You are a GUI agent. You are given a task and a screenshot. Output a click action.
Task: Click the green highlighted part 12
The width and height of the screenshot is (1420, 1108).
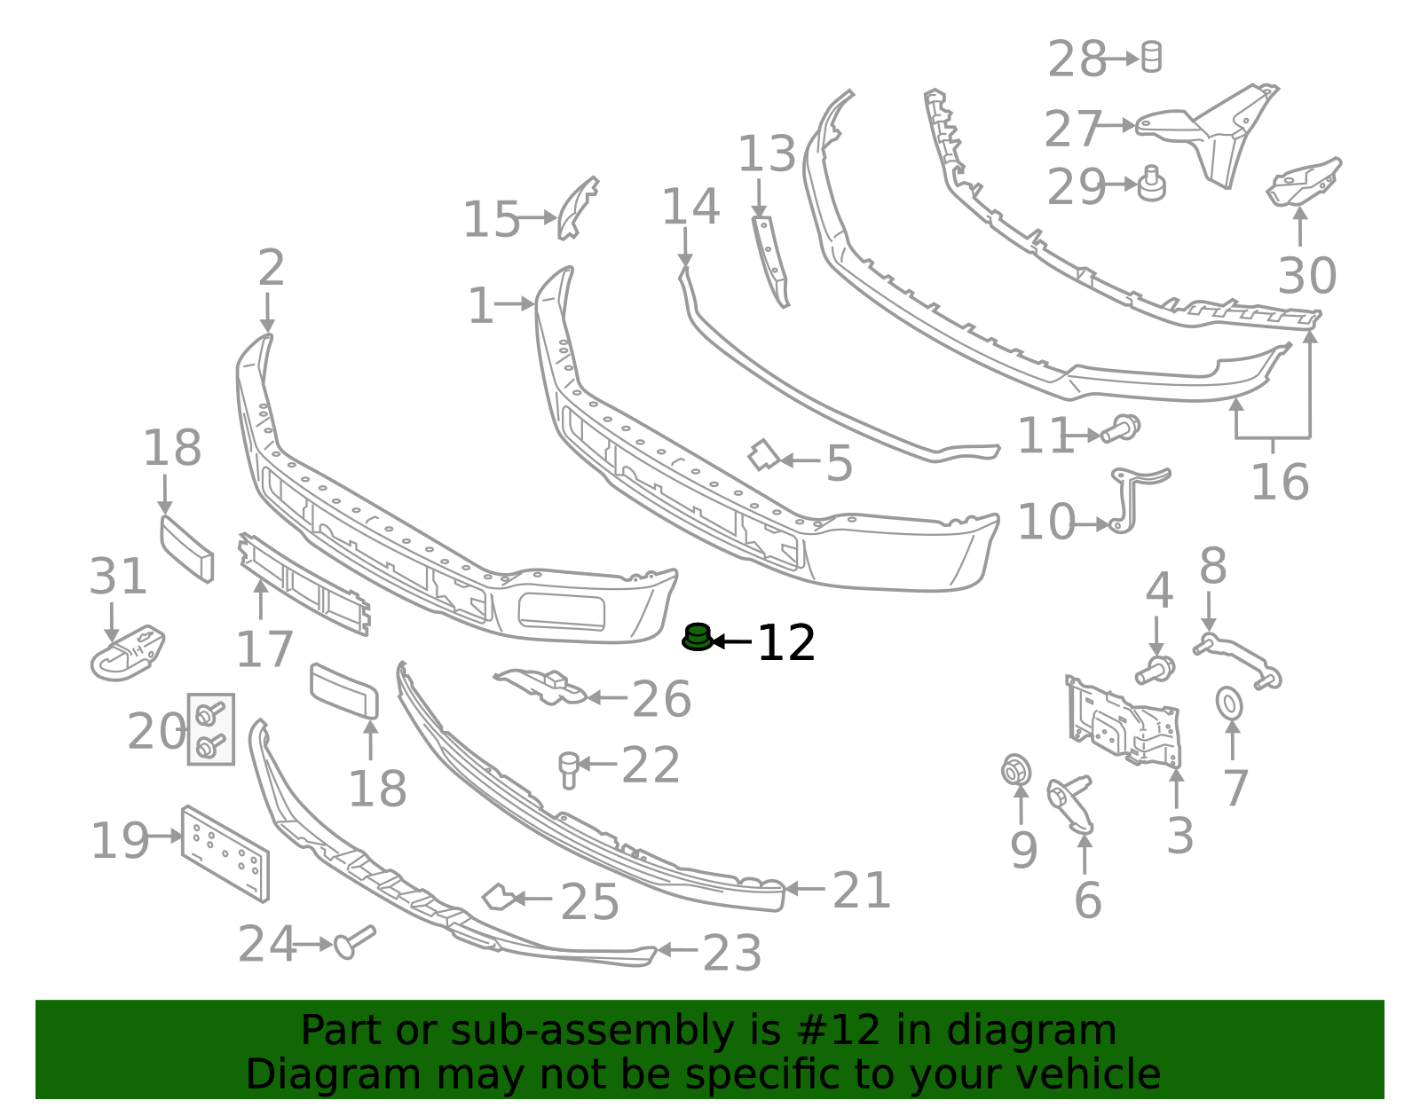coord(698,637)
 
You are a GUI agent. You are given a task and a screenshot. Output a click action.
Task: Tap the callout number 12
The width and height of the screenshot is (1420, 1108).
coord(786,643)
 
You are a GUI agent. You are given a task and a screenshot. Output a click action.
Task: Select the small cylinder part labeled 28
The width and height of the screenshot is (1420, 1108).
coord(1151,57)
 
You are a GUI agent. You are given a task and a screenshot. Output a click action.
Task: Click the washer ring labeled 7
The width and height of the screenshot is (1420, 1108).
coord(1229,703)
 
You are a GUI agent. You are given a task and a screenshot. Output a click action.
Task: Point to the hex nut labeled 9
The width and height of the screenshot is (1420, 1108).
coord(1016,771)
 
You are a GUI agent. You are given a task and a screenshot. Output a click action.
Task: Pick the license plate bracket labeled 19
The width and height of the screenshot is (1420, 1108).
coord(225,854)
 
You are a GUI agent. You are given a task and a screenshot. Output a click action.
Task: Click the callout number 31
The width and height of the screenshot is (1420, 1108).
coord(118,577)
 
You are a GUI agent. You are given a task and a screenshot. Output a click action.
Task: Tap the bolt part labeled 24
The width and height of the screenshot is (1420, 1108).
coord(354,942)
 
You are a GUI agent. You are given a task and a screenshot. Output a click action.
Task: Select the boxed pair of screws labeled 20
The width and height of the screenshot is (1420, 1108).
coord(211,729)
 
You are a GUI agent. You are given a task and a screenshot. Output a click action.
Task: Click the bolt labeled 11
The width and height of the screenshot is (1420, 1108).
coord(1121,428)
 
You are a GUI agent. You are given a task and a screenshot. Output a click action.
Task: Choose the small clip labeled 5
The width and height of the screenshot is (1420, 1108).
coord(764,454)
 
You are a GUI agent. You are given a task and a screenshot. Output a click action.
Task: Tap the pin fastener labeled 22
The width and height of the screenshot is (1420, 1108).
coord(569,770)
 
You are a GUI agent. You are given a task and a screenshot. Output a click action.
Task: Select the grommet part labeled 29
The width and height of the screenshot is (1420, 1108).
coord(1151,184)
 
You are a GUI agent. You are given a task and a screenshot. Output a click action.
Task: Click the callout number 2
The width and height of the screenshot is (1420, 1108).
coord(272,268)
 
